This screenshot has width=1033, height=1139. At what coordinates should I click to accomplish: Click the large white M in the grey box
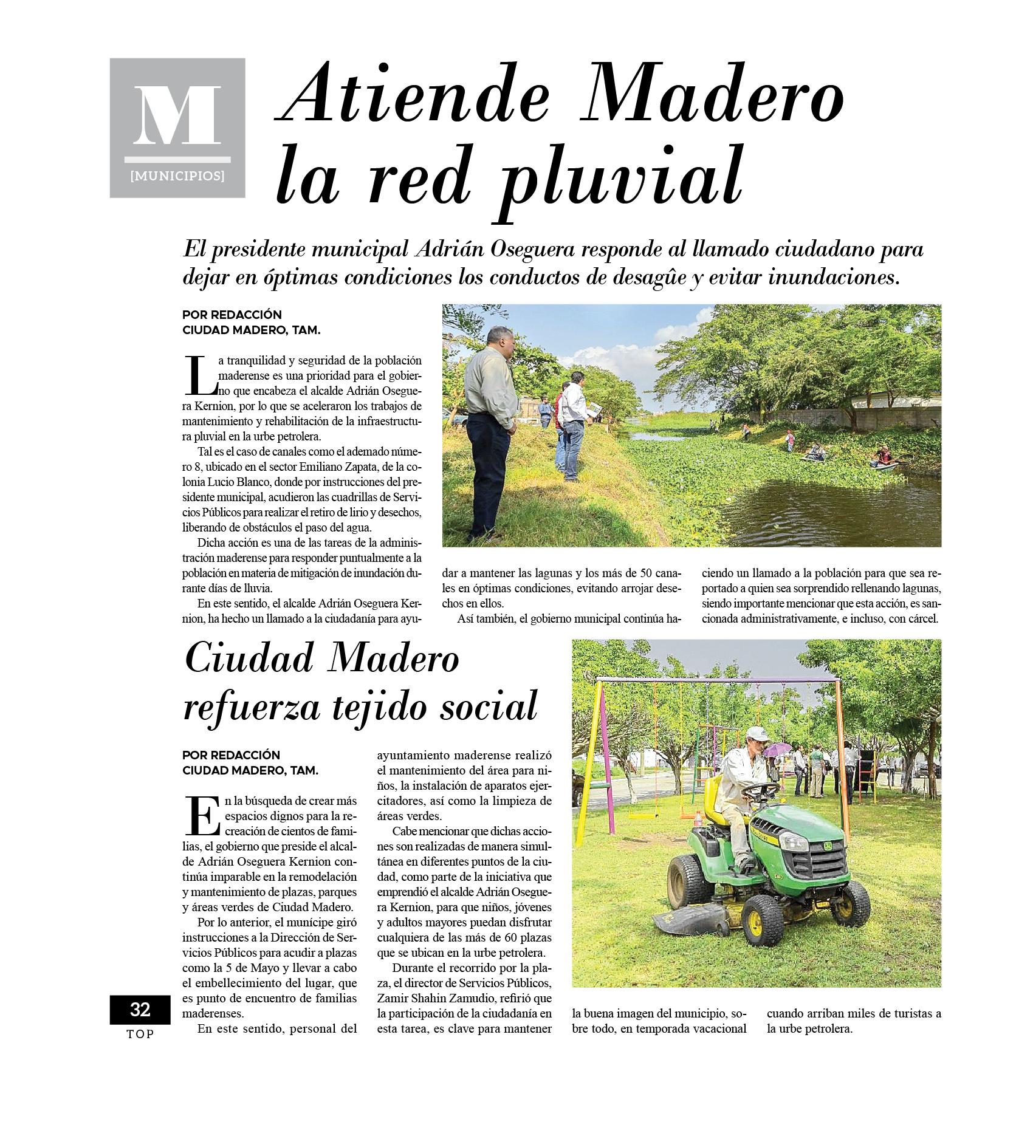pyautogui.click(x=177, y=115)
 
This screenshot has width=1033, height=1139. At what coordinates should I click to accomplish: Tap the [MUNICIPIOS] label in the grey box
pyautogui.click(x=177, y=177)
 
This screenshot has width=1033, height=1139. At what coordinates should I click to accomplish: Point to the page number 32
pyautogui.click(x=140, y=1010)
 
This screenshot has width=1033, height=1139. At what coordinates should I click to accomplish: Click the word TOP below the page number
pyautogui.click(x=140, y=1034)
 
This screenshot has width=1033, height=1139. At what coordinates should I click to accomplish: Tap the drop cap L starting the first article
pyautogui.click(x=201, y=375)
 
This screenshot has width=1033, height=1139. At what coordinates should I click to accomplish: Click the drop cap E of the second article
pyautogui.click(x=201, y=815)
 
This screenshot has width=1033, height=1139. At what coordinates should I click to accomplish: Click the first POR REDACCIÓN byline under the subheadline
pyautogui.click(x=232, y=315)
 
